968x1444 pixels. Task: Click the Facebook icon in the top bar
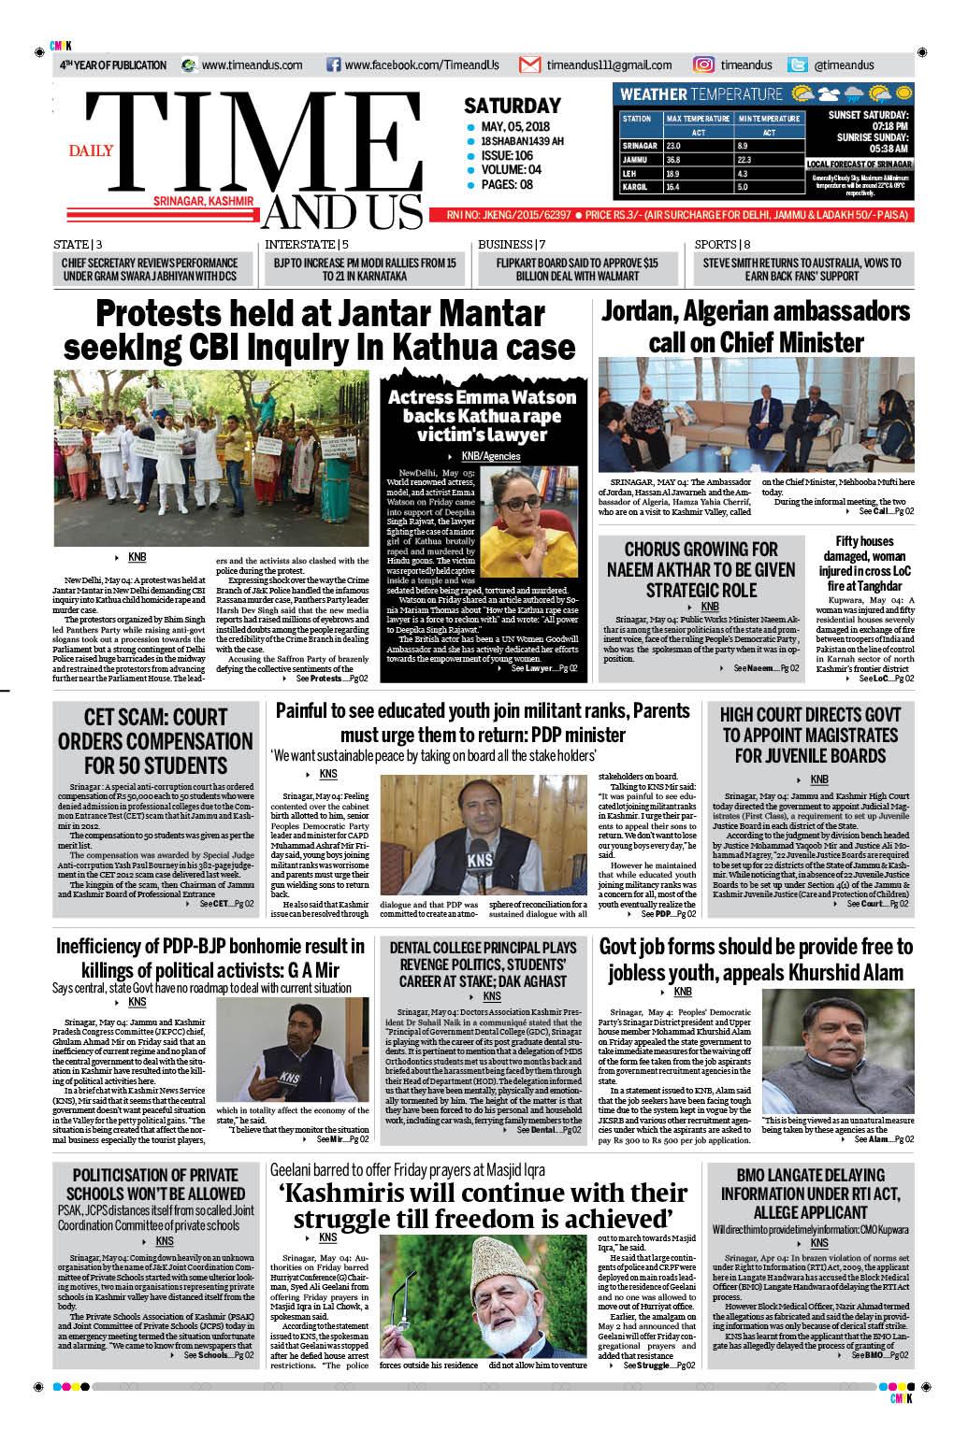click(x=333, y=64)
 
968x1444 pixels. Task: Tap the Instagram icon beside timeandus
click(x=703, y=64)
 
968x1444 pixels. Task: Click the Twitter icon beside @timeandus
click(x=797, y=64)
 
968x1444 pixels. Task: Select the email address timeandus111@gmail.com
click(x=609, y=65)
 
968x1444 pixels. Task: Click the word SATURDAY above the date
click(x=512, y=106)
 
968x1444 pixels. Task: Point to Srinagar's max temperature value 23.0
click(x=673, y=146)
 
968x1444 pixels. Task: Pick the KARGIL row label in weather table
click(x=635, y=187)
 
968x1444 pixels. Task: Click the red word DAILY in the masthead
click(x=91, y=150)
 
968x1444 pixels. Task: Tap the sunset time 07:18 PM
click(x=889, y=126)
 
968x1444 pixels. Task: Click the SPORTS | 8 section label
click(x=722, y=245)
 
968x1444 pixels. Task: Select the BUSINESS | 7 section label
click(x=512, y=245)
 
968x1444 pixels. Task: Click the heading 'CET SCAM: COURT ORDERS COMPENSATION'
click(x=155, y=741)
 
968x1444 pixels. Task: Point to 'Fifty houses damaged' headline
click(x=864, y=563)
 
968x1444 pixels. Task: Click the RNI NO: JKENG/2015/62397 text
click(x=508, y=215)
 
